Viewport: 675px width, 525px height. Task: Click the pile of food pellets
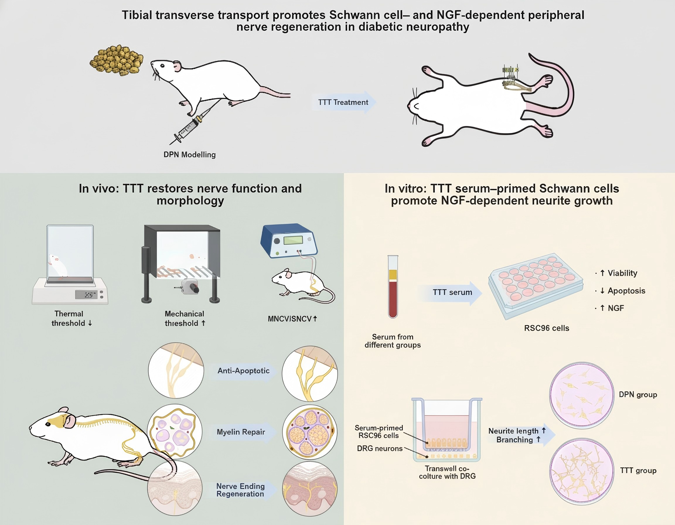click(117, 60)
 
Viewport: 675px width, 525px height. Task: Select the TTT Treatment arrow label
click(343, 102)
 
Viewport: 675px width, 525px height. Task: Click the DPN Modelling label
click(190, 154)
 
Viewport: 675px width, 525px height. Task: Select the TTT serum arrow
click(452, 292)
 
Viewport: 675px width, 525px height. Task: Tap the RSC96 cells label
click(546, 328)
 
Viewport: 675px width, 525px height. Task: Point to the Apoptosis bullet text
click(626, 291)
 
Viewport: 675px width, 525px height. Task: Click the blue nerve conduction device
click(289, 241)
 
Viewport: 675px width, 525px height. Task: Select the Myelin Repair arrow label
click(241, 432)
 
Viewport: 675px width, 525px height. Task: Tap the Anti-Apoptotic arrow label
click(243, 371)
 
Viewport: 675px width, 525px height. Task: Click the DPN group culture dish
click(581, 395)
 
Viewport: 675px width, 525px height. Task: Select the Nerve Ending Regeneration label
click(240, 490)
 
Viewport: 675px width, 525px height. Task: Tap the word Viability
click(622, 273)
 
